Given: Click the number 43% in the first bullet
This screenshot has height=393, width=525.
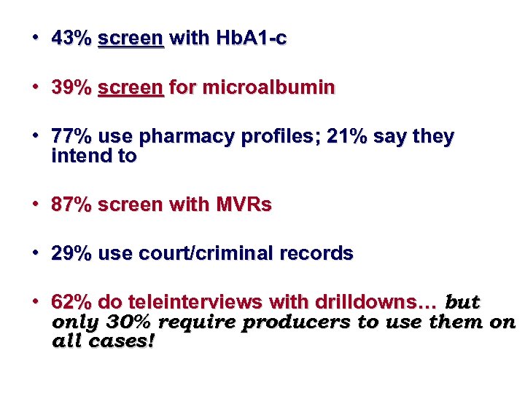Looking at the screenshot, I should click(x=71, y=39).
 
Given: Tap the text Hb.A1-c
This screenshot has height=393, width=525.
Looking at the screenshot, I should click(x=249, y=39).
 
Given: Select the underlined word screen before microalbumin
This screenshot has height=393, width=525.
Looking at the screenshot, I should click(x=130, y=88).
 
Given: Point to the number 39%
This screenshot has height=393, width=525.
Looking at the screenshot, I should click(x=71, y=88).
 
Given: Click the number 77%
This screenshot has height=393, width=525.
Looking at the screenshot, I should click(x=71, y=137).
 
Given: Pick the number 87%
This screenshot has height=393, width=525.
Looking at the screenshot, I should click(x=71, y=205).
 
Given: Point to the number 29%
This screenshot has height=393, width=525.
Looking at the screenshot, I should click(x=71, y=254).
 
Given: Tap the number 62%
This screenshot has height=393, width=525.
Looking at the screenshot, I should click(x=71, y=302).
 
